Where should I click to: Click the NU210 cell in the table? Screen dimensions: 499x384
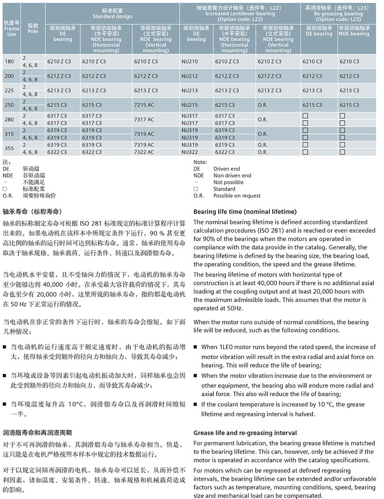pyautogui.click(x=190, y=62)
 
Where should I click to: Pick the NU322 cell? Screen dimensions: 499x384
pyautogui.click(x=190, y=152)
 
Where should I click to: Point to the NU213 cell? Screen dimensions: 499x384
pyautogui.click(x=190, y=90)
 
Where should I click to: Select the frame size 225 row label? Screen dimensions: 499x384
pyautogui.click(x=9, y=90)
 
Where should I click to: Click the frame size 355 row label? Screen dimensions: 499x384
pyautogui.click(x=9, y=148)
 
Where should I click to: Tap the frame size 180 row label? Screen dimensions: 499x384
pyautogui.click(x=9, y=62)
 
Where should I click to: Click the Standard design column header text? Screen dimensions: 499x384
pyautogui.click(x=112, y=16)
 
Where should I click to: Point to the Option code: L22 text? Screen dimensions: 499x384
pyautogui.click(x=240, y=19)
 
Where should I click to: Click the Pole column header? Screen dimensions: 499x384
pyautogui.click(x=33, y=31)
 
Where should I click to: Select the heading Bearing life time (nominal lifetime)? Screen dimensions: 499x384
pyautogui.click(x=244, y=212)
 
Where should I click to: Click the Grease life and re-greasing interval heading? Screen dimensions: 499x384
pyautogui.click(x=245, y=433)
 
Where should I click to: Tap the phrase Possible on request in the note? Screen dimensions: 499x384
pyautogui.click(x=237, y=196)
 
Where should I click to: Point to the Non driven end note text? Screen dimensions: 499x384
pyautogui.click(x=232, y=176)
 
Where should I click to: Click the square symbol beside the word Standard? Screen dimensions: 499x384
pyautogui.click(x=195, y=189)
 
